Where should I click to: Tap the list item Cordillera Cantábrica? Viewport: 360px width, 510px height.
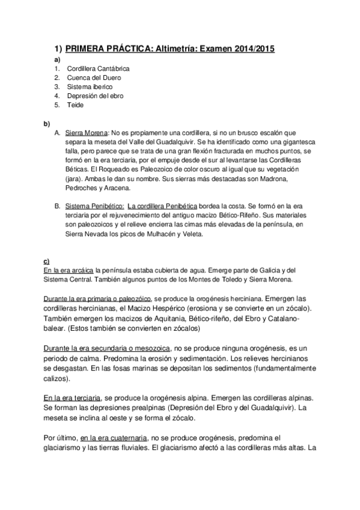pos(99,69)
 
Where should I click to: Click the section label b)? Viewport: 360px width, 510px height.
pos(46,123)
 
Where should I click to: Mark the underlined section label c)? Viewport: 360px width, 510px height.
pos(46,262)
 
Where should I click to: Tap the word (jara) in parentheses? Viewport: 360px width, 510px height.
pos(75,179)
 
